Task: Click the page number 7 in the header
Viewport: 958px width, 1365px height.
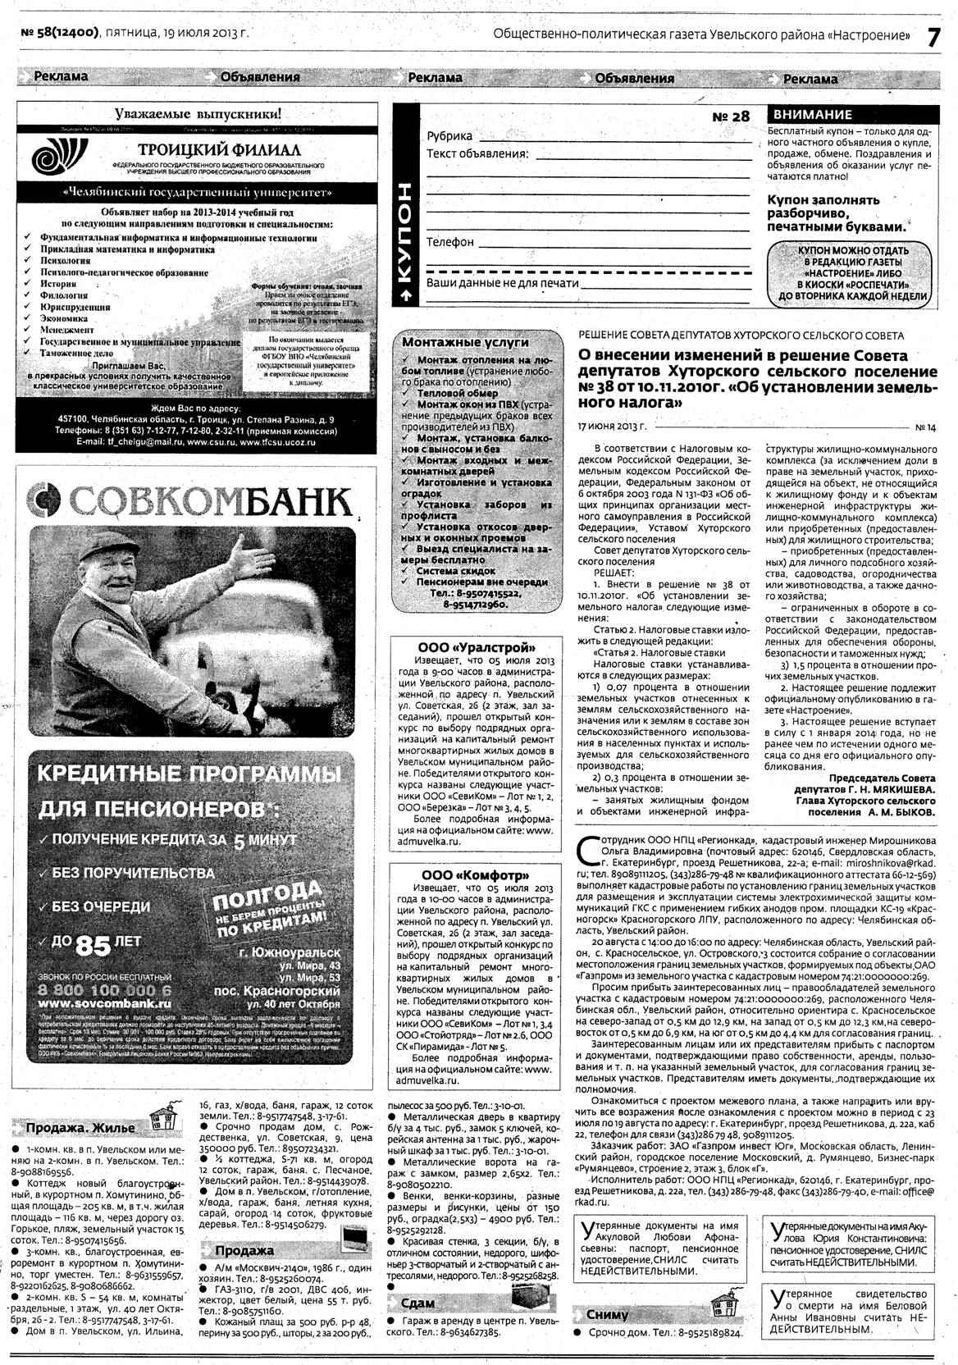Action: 933,37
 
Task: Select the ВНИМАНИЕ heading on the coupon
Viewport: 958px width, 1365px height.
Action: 813,115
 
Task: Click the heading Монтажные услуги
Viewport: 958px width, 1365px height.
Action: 465,342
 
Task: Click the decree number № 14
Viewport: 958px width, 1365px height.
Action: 924,427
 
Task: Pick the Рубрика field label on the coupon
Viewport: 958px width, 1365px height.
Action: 449,136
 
